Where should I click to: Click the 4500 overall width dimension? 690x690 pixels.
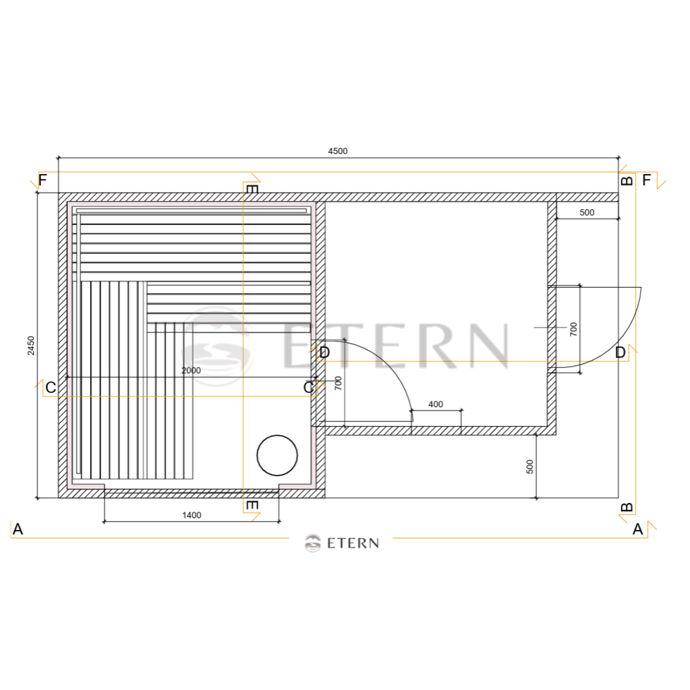(x=338, y=151)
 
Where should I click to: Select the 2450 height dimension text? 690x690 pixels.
(x=32, y=345)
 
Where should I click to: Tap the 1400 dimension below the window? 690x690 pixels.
(x=191, y=515)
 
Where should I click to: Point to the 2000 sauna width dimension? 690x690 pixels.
(x=191, y=370)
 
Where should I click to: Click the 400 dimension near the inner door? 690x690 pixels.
(x=435, y=404)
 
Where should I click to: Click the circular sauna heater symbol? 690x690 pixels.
(x=277, y=455)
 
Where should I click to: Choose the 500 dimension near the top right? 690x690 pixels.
(x=587, y=212)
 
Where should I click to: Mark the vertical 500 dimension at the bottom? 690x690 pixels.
(x=530, y=466)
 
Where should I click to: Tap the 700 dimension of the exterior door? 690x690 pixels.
(x=573, y=329)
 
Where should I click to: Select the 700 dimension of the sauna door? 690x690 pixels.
(x=338, y=383)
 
